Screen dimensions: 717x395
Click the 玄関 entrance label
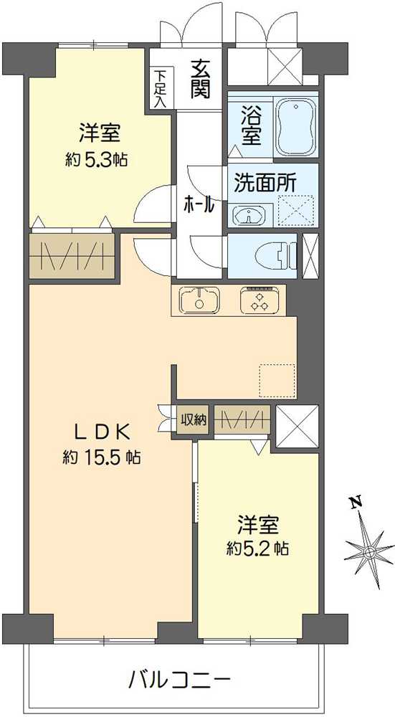200,80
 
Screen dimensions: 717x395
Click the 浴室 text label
250,125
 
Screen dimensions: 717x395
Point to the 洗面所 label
265,182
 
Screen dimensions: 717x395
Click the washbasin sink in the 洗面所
248,214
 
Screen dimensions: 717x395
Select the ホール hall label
199,204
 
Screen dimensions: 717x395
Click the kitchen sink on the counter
199,300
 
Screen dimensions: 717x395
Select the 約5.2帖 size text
258,549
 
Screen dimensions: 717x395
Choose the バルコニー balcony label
180,677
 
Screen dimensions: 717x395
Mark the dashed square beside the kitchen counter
277,381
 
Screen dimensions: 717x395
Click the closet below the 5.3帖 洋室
72,255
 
